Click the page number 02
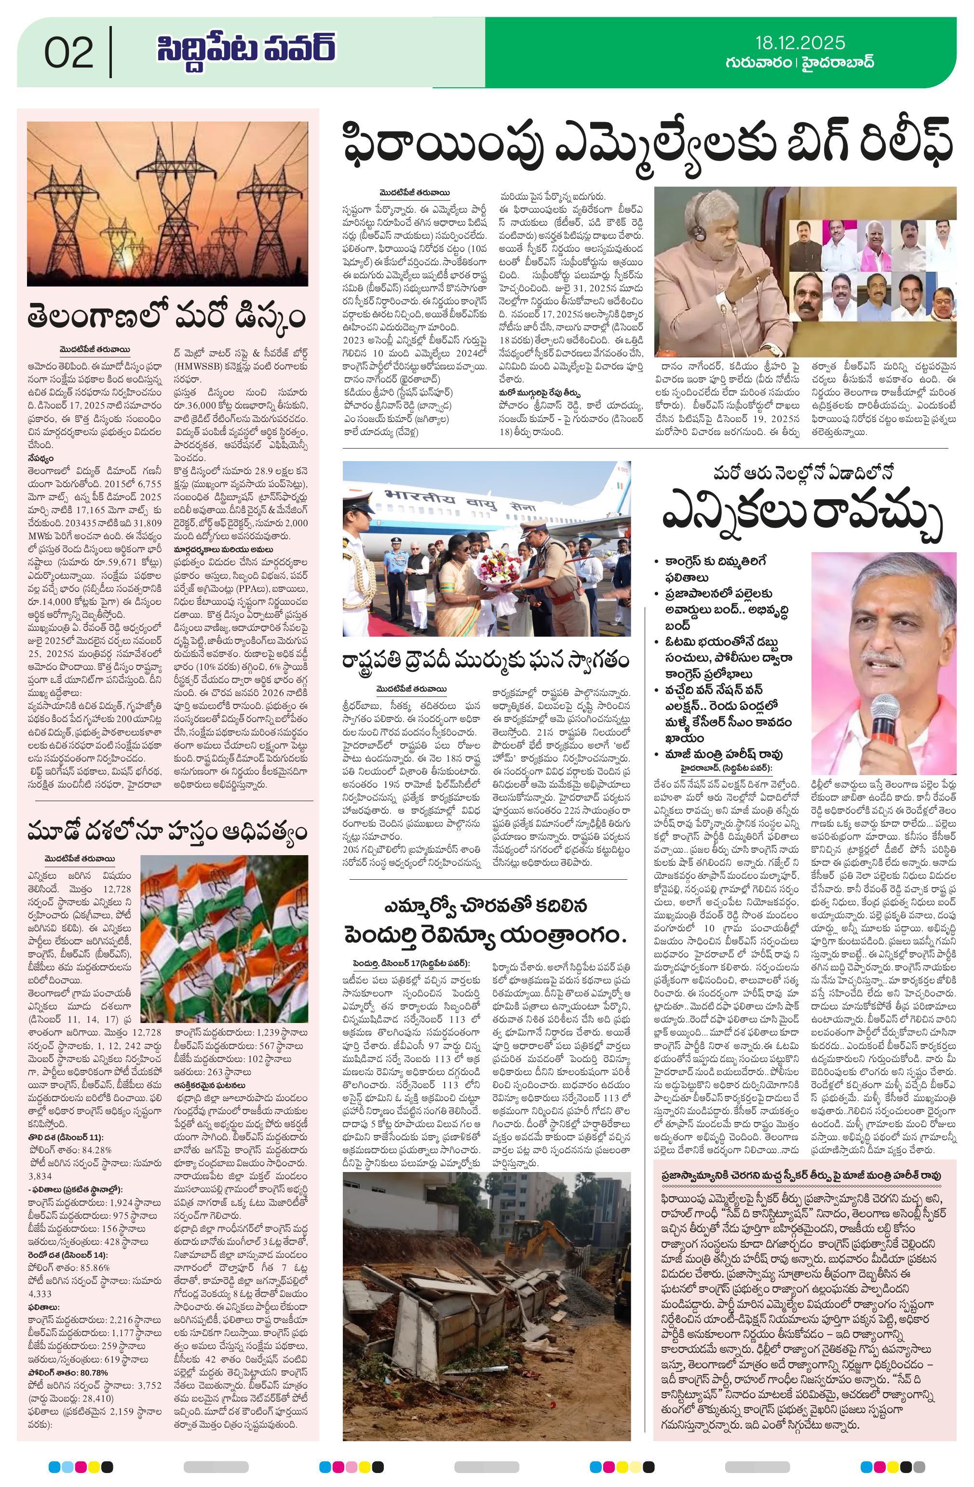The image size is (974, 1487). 69,53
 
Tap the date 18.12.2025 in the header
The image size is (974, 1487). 799,42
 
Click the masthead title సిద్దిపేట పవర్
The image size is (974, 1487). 245,50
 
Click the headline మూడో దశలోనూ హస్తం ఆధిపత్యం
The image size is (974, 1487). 167,832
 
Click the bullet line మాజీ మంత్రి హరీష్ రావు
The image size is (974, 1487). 727,754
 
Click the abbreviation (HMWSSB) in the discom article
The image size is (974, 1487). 201,368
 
